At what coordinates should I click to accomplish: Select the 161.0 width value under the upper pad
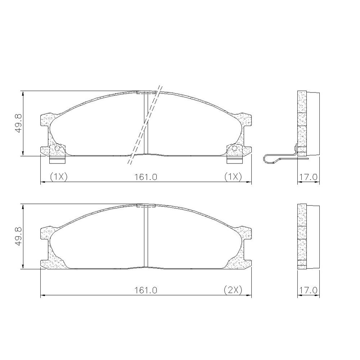point(146,177)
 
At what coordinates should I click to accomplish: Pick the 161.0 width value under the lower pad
point(146,290)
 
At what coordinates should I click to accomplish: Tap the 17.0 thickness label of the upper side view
point(308,177)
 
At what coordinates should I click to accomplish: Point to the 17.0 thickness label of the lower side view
point(308,290)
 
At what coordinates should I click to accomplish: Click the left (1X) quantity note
point(59,177)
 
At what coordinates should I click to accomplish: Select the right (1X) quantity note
point(233,177)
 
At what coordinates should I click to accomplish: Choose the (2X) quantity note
point(233,290)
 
